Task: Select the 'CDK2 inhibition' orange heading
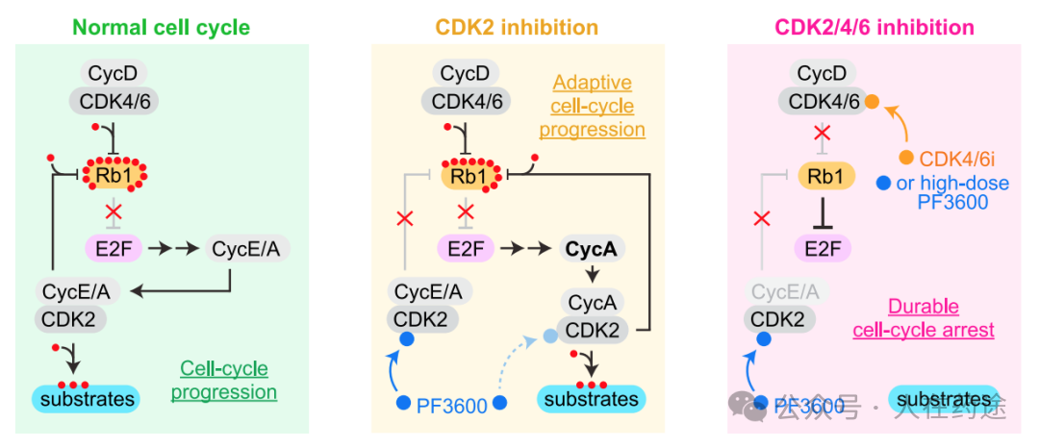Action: coord(517,27)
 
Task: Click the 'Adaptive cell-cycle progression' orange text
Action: coord(592,107)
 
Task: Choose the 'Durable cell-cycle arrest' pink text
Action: coord(924,318)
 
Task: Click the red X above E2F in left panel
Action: coord(114,212)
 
